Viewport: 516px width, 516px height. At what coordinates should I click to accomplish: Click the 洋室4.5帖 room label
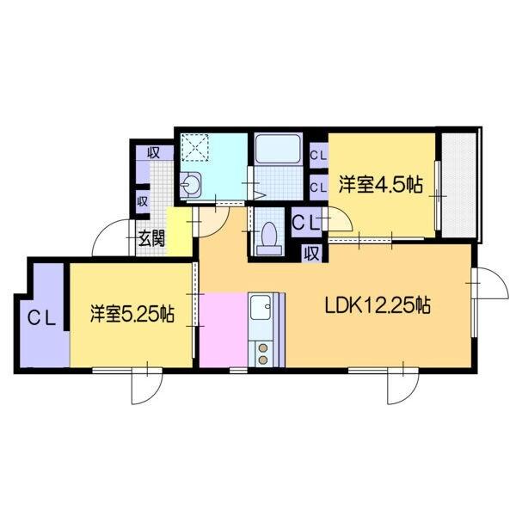[x=380, y=183]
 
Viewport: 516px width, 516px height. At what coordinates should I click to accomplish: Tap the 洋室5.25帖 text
[x=133, y=314]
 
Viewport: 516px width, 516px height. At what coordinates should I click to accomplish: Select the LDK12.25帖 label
[x=377, y=304]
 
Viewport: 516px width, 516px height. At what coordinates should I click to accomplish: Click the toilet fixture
[x=268, y=236]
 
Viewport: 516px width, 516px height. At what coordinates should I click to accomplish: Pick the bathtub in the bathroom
[x=276, y=150]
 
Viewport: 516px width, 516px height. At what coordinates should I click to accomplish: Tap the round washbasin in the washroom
[x=193, y=182]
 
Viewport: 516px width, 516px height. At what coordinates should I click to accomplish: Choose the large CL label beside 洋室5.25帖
[x=41, y=316]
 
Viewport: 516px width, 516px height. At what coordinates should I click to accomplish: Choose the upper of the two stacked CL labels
[x=317, y=156]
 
